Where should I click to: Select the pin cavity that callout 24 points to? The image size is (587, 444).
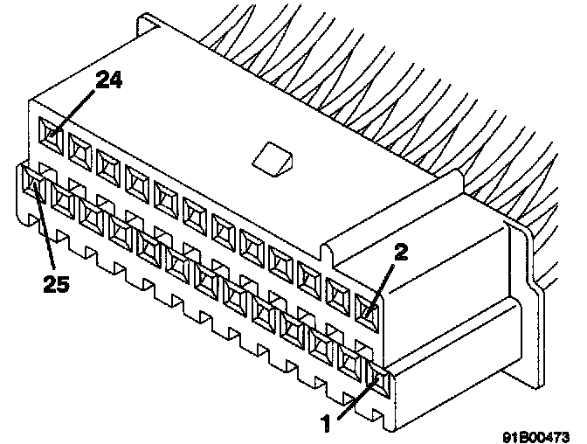tap(52, 135)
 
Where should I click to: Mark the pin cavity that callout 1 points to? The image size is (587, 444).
tap(381, 378)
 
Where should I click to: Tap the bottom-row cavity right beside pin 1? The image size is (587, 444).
tap(352, 359)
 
